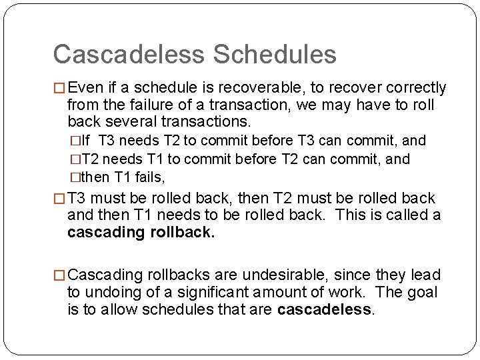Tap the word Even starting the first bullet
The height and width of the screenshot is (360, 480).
84,88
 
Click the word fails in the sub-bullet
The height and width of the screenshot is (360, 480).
149,177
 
